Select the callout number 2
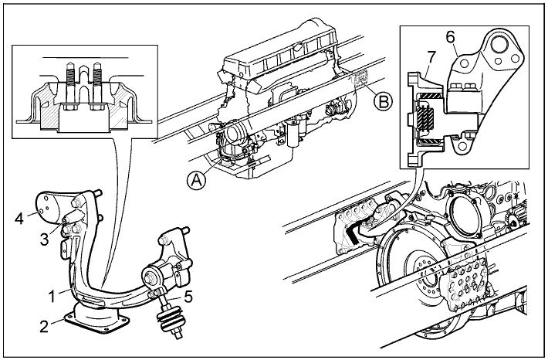point(45,324)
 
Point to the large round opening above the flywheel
point(466,217)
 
